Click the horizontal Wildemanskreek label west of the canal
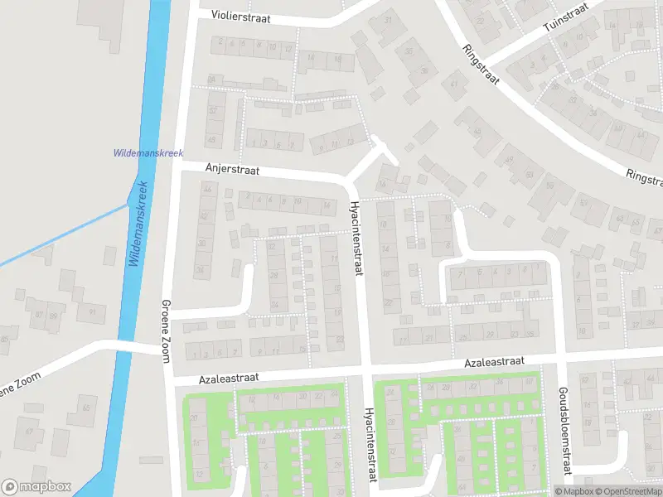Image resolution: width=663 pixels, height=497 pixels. (148, 153)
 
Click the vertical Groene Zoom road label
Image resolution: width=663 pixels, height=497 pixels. (167, 330)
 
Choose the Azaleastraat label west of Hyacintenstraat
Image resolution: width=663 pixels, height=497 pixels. (229, 377)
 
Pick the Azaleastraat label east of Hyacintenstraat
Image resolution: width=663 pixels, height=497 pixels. (494, 363)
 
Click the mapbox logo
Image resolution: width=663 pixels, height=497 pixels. (36, 487)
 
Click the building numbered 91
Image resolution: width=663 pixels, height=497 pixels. (91, 312)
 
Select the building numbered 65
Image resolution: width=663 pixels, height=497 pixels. (85, 408)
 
